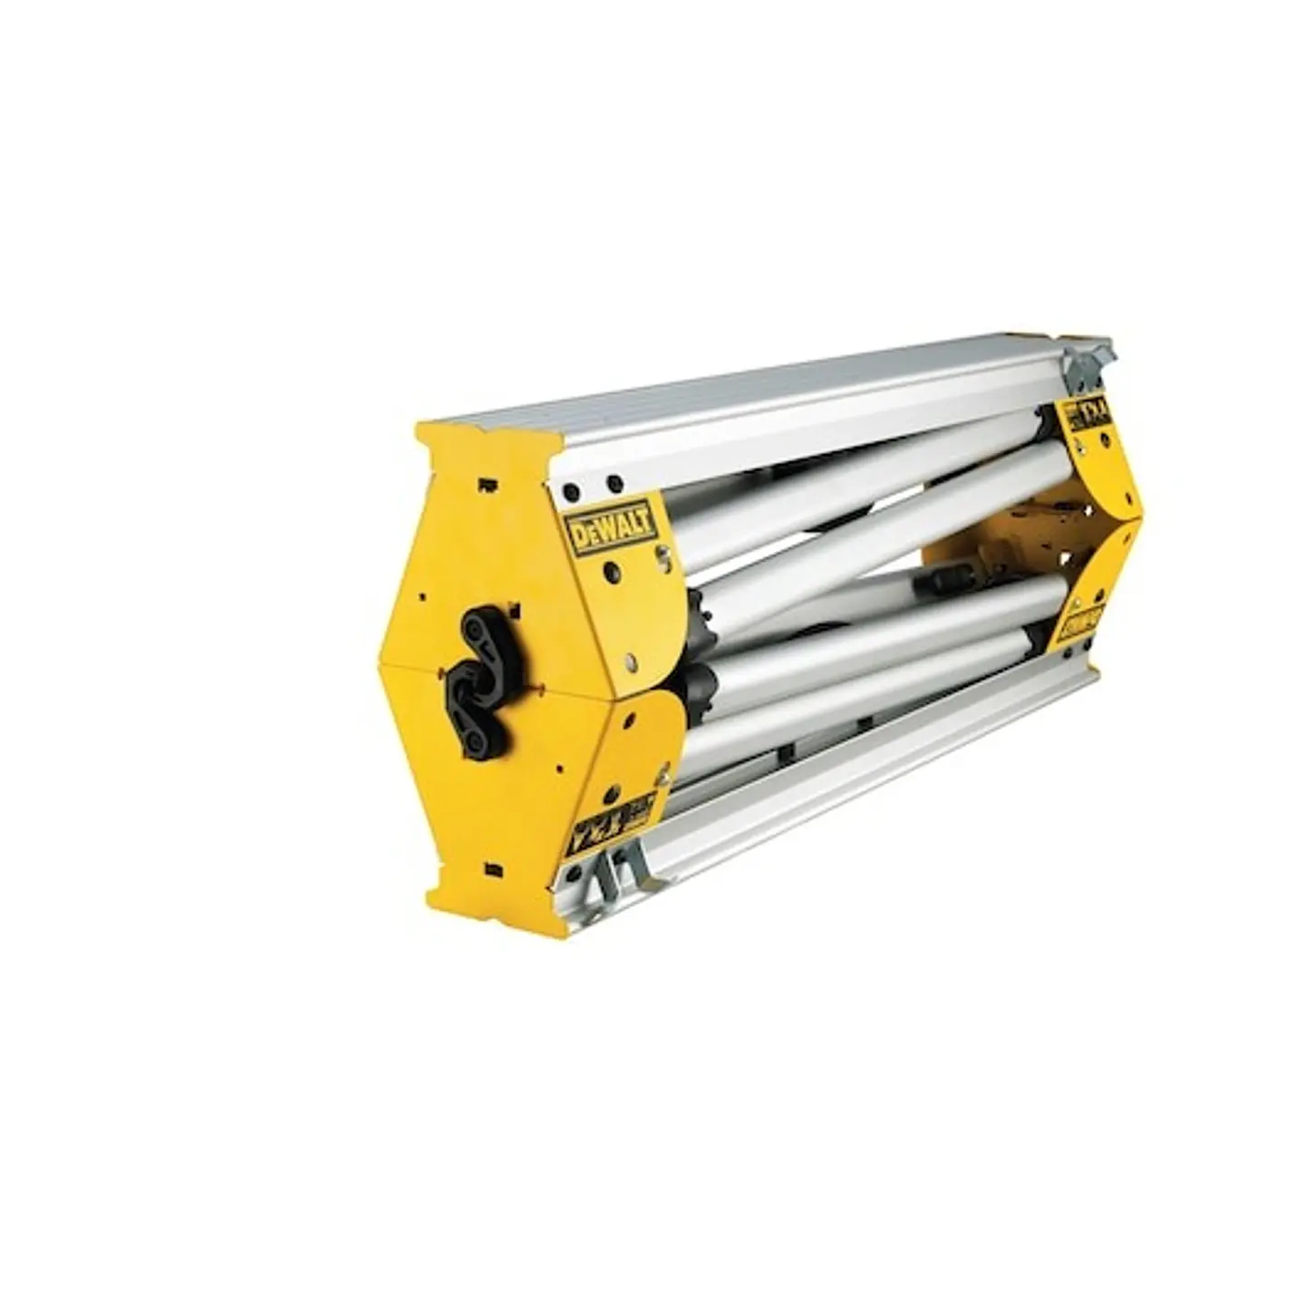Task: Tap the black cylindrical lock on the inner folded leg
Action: pos(942,574)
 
